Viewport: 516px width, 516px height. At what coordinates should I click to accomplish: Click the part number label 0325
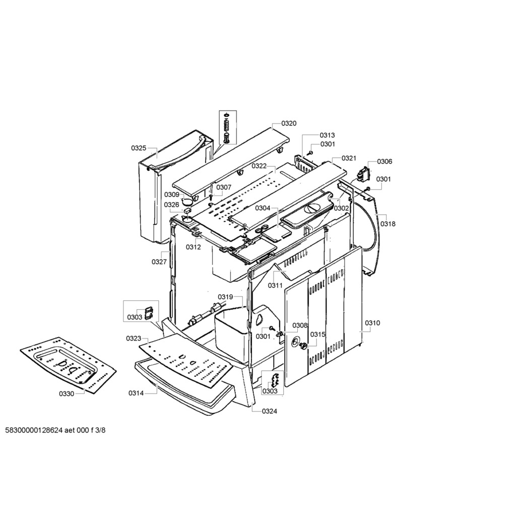(139, 148)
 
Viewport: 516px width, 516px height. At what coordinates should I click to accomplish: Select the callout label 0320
(289, 123)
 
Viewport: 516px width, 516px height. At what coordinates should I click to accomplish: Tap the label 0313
(327, 135)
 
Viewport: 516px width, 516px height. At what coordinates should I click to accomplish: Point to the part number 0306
(384, 162)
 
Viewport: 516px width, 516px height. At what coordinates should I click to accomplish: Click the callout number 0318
(388, 224)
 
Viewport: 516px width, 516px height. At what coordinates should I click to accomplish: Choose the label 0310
(372, 323)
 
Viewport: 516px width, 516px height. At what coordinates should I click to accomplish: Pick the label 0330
(67, 394)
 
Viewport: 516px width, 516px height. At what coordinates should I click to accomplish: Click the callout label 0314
(136, 393)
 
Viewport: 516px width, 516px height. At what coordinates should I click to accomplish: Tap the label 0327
(159, 262)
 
